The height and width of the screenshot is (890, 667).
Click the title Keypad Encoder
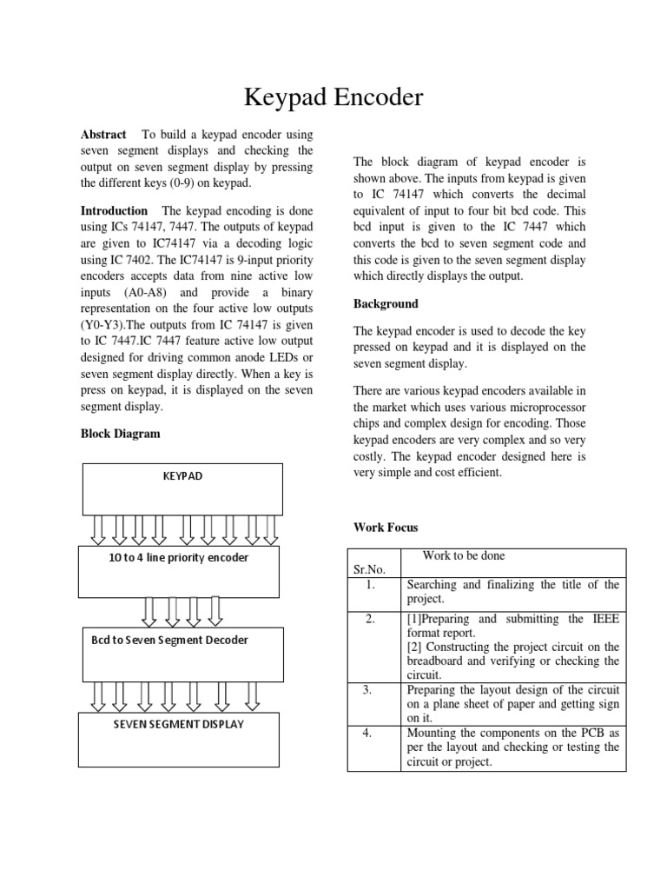point(333,97)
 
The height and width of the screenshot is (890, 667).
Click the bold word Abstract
point(103,135)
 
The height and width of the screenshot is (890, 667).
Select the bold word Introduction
point(114,211)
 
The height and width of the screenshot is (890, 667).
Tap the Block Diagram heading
point(120,434)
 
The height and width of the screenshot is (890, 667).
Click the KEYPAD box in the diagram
point(182,489)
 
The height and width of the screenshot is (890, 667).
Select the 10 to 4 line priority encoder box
point(179,571)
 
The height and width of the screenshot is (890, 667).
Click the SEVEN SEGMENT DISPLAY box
point(179,739)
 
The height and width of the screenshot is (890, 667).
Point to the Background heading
point(386,304)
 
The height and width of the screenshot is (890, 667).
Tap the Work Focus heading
point(386,528)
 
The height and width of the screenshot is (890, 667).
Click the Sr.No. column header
point(369,569)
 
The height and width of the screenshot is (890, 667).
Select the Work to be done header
point(463,556)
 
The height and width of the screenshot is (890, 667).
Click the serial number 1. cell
point(369,585)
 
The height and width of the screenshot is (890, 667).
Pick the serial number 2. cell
point(369,620)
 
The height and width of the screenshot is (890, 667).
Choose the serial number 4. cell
point(369,733)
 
